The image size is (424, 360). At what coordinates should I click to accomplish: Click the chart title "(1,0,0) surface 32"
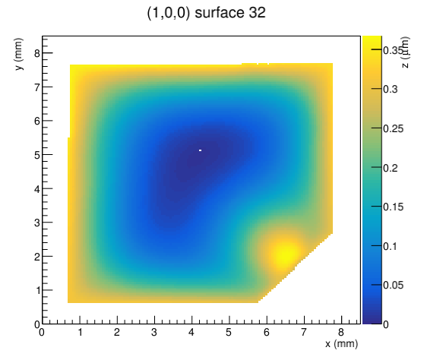click(x=207, y=13)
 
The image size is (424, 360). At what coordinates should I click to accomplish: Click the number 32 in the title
click(x=257, y=12)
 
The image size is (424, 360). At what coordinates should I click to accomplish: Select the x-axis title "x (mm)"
click(x=341, y=344)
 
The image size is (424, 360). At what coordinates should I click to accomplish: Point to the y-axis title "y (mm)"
click(x=19, y=54)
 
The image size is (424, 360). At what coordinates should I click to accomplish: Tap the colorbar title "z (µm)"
click(x=405, y=52)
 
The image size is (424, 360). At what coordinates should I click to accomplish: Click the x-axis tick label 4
click(x=191, y=332)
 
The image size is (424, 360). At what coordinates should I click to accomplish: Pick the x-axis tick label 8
click(x=341, y=332)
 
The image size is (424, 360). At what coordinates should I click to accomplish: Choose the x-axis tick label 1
click(x=80, y=332)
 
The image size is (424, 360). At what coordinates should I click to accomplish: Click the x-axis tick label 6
click(x=267, y=332)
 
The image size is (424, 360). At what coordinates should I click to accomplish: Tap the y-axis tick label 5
click(x=37, y=155)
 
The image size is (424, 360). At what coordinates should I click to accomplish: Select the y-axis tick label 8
click(x=37, y=53)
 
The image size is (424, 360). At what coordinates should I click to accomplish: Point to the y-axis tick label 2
click(x=37, y=257)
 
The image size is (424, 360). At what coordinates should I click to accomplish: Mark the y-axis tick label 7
click(x=37, y=87)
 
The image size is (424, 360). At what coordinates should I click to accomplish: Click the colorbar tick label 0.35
click(x=393, y=50)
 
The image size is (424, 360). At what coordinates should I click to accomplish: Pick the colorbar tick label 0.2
click(x=391, y=168)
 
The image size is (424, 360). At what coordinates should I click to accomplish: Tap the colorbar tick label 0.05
click(x=393, y=285)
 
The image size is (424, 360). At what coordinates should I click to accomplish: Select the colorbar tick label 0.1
click(x=390, y=247)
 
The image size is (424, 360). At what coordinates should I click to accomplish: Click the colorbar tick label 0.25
click(x=393, y=128)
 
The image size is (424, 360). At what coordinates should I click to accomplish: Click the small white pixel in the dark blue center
click(x=200, y=150)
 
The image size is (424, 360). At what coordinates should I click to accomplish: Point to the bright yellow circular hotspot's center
click(x=285, y=254)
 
